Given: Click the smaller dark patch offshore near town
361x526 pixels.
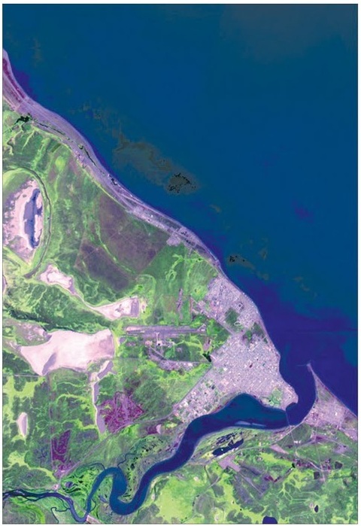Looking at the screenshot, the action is pyautogui.click(x=239, y=261).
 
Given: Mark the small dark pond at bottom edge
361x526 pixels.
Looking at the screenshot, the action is pyautogui.click(x=269, y=519).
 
